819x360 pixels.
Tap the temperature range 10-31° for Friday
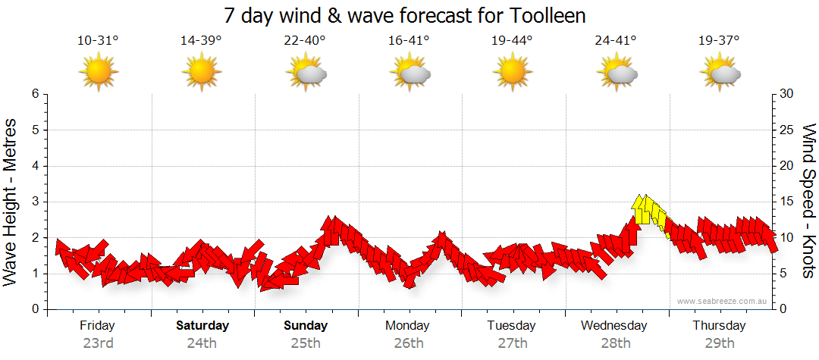coord(98,41)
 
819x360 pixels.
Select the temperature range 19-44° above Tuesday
coord(512,41)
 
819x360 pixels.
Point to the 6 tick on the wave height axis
coord(35,94)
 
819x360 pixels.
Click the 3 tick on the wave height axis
coord(35,202)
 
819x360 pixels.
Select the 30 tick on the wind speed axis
coord(787,94)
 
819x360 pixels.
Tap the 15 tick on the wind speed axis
coord(787,202)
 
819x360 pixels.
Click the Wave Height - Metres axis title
coord(11,202)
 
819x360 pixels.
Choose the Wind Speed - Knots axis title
coord(808,202)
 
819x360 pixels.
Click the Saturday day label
coord(202,326)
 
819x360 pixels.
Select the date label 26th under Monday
coord(409,343)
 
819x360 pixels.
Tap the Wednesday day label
coord(614,326)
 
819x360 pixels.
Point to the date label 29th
coord(720,343)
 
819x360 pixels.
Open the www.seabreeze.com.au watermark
coord(723,302)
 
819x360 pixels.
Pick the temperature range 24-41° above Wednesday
coord(616,41)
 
